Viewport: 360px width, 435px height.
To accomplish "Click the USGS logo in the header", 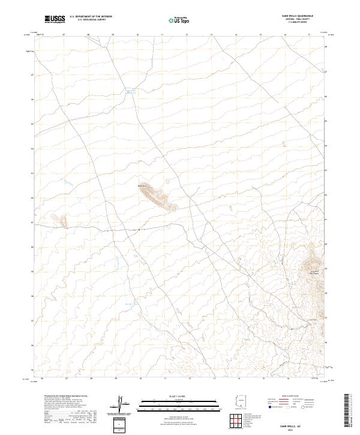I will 55,20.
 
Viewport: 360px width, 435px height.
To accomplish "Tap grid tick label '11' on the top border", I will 163,35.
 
